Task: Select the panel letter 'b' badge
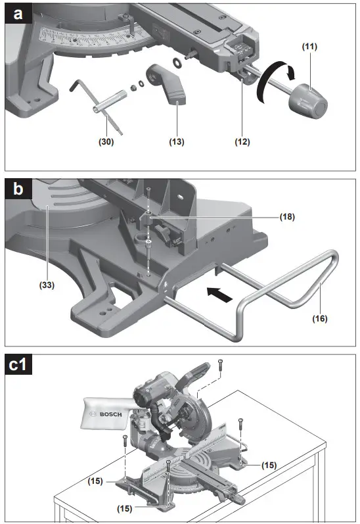17,191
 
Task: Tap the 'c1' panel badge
22,366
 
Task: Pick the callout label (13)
176,141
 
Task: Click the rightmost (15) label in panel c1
268,465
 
